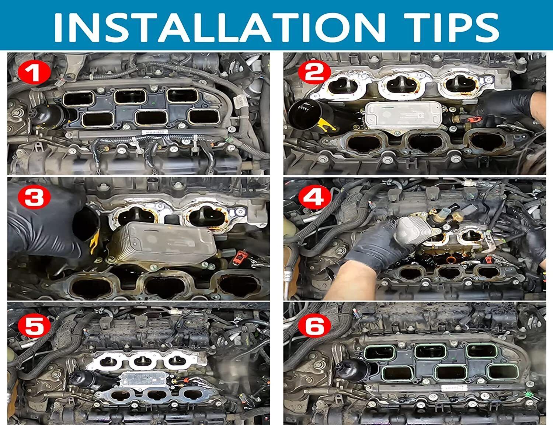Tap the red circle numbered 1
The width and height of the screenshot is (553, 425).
click(x=34, y=73)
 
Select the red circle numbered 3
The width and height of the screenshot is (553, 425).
click(x=34, y=197)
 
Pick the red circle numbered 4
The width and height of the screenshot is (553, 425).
click(x=314, y=197)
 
